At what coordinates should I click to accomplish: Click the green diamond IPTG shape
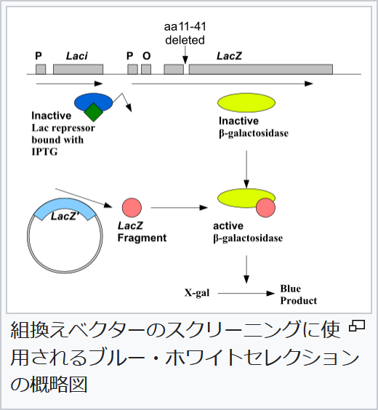coord(94,112)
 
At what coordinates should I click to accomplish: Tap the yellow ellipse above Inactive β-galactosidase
coord(246,102)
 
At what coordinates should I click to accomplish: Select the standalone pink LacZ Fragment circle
coord(132,208)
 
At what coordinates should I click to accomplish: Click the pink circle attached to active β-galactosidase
coord(265,208)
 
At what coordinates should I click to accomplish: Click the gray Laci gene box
coord(79,69)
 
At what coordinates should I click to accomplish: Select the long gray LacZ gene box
coord(261,69)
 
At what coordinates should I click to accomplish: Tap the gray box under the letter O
coord(146,69)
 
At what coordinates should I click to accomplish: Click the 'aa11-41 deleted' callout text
coord(185,33)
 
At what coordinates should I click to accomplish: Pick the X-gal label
coord(197,292)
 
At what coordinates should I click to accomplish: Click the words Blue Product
coord(299,294)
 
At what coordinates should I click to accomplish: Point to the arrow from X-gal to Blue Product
coord(246,294)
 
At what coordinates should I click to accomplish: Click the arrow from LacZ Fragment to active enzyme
coord(180,208)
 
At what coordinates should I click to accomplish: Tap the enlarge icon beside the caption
coord(357,326)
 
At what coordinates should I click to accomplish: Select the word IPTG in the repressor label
coord(44,152)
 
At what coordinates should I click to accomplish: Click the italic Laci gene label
coord(77,56)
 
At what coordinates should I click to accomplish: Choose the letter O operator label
coord(147,56)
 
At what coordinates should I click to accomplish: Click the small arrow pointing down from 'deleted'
coord(185,55)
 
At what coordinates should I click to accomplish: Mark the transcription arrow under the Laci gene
coord(70,84)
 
